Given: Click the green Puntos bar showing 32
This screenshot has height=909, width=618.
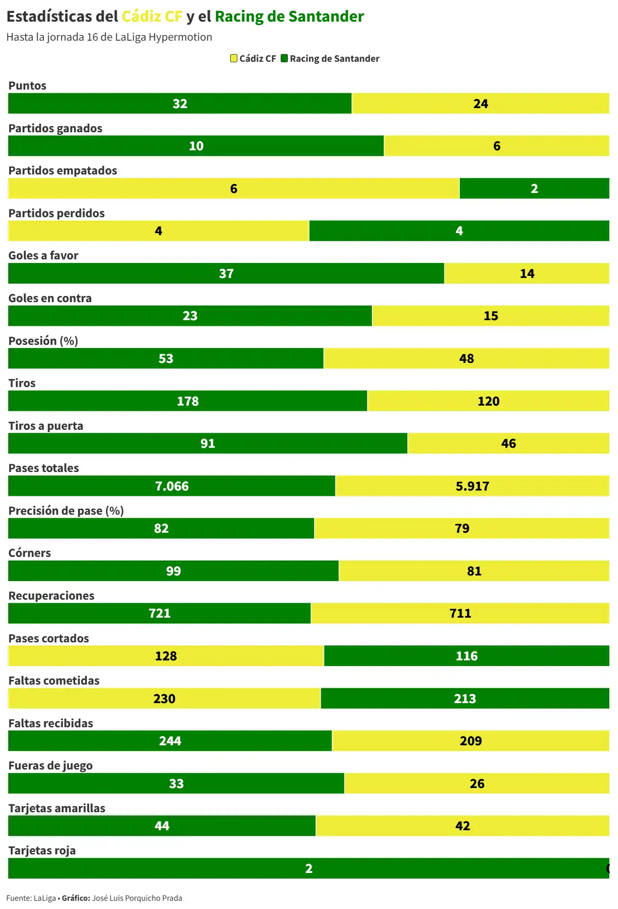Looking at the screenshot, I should coord(180,103).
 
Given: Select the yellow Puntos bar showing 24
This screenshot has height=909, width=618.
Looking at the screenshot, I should coord(480,103).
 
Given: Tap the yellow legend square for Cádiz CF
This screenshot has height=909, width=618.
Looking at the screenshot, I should coord(234,58).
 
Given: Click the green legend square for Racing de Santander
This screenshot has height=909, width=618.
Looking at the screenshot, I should coord(284,58).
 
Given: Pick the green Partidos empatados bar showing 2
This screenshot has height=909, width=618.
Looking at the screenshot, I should coord(534,188).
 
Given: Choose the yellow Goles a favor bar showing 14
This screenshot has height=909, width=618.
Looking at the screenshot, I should coord(526,273).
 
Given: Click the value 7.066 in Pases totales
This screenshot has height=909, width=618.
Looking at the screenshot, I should coord(172,486).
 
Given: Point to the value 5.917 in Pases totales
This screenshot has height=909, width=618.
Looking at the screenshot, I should coord(472,486).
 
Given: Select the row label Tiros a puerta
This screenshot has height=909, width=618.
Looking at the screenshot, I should coord(46,426).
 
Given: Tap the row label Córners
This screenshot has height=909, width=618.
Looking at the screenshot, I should coord(29,553).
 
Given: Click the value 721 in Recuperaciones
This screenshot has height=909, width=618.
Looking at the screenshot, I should coord(160,613).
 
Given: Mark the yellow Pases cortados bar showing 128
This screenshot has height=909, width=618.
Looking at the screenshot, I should coord(166,656).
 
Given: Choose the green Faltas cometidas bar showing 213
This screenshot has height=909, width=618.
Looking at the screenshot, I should coord(465,698).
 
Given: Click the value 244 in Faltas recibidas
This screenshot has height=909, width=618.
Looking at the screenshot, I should coord(170,741).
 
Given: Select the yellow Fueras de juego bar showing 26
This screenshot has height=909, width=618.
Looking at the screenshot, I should coord(476,783).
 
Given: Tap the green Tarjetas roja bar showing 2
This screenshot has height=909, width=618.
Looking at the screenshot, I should coord(308,868).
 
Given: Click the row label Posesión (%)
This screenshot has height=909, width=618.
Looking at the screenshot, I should coord(43,341).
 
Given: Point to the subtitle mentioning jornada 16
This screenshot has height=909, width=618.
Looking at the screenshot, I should coord(109,37).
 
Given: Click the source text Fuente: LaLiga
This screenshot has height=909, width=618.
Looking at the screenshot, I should coord(31,898).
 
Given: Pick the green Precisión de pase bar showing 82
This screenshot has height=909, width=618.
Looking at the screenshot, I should coord(161,528).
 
